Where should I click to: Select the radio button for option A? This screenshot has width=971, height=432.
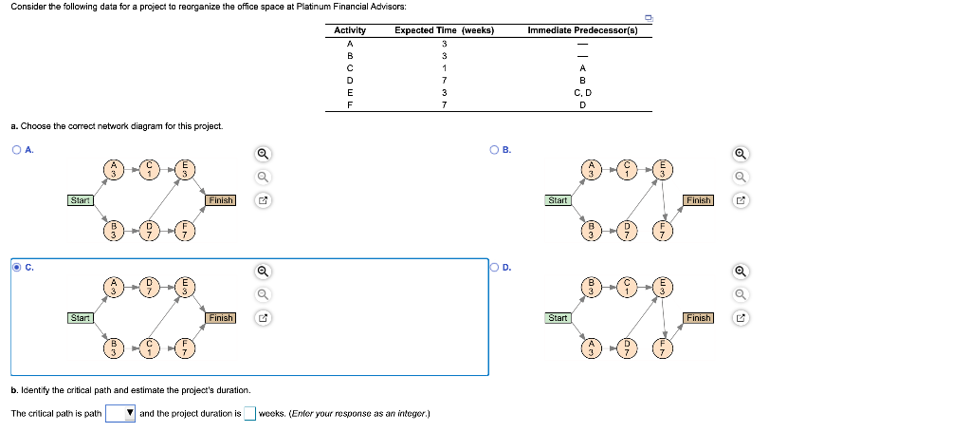click(x=15, y=149)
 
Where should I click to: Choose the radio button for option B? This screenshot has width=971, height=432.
click(x=494, y=149)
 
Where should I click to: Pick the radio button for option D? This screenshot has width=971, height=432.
click(x=494, y=267)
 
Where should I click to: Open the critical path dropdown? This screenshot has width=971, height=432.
click(x=120, y=413)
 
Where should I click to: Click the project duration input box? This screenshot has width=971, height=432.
click(x=249, y=413)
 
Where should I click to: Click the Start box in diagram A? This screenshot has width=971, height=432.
click(x=80, y=200)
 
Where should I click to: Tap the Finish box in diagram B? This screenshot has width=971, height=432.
click(x=699, y=200)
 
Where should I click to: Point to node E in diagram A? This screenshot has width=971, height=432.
click(x=184, y=169)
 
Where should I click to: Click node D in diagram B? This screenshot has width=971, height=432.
click(x=627, y=230)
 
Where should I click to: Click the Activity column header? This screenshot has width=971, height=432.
click(x=350, y=30)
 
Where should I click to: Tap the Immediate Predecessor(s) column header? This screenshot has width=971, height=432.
click(x=582, y=30)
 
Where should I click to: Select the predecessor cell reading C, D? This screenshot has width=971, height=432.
click(x=583, y=93)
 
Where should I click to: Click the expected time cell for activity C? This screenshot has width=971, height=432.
click(x=444, y=68)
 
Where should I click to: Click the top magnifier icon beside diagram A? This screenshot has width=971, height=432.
click(x=263, y=154)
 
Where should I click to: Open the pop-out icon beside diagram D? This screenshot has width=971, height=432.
click(x=741, y=318)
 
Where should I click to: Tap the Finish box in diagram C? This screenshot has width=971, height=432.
click(x=221, y=318)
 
